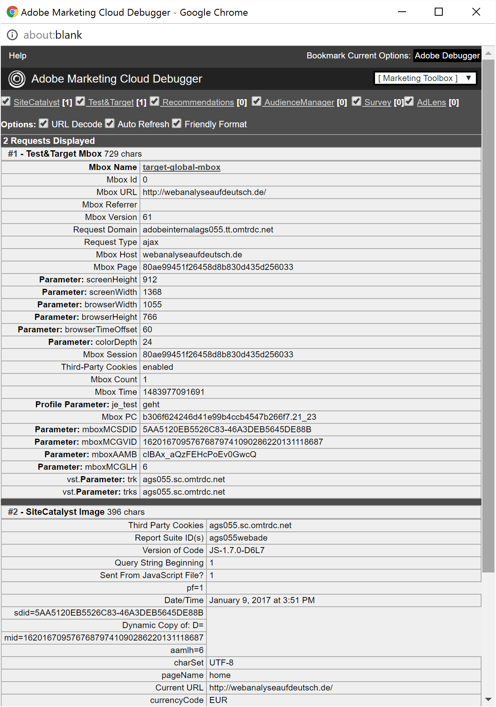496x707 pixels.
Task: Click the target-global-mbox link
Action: coord(181,167)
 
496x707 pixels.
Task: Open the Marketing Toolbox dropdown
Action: coord(425,78)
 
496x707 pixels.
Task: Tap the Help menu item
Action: coord(18,56)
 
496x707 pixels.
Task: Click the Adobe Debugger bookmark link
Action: coord(447,56)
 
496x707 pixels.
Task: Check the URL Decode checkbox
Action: coord(44,124)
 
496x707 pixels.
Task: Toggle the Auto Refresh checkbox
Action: coord(110,124)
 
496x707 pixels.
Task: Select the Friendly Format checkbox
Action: coord(177,124)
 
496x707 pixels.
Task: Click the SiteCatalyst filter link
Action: coord(37,102)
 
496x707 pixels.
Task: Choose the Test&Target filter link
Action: coord(111,102)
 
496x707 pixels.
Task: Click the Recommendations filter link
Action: coord(198,102)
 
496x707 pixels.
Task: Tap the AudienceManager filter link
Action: coord(299,102)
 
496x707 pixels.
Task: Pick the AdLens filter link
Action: coord(431,102)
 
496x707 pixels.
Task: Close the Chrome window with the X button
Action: coord(476,12)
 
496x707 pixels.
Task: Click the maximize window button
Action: coord(439,12)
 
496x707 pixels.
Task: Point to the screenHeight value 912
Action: coord(150,280)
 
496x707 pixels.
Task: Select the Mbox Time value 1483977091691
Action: coord(173,392)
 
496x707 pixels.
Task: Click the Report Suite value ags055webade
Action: coord(238,538)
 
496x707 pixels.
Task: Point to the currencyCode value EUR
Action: coord(218,700)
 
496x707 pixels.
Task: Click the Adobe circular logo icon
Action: coord(17,79)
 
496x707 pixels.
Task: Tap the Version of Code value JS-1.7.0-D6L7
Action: coord(237,550)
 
